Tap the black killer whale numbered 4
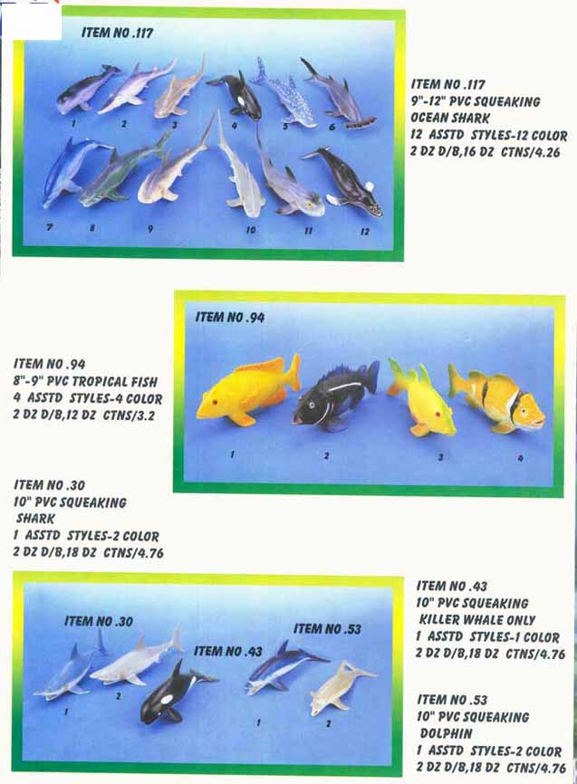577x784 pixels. (238, 95)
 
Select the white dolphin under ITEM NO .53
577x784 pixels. (340, 687)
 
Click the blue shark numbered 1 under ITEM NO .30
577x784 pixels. (70, 670)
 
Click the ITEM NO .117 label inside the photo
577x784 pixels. (117, 33)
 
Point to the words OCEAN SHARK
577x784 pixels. (450, 118)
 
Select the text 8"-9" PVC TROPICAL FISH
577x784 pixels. (85, 381)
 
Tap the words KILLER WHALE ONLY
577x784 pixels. (477, 620)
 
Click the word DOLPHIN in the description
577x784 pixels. (446, 733)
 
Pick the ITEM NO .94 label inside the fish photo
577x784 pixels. (230, 317)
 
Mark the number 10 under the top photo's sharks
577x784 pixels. (251, 230)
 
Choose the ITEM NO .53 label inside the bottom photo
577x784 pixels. (327, 628)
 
